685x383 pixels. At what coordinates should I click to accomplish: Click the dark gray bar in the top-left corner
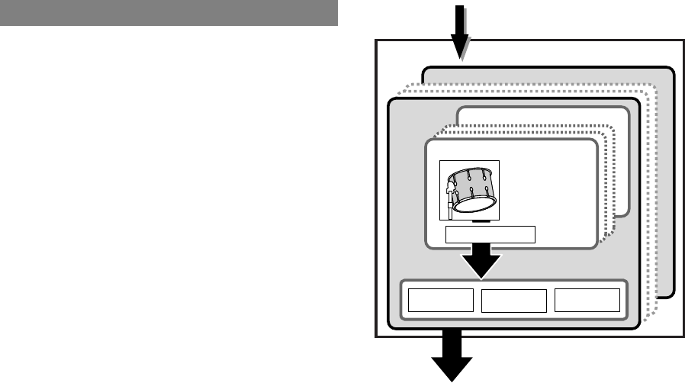click(169, 13)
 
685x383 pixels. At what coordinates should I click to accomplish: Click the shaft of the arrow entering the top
click(460, 18)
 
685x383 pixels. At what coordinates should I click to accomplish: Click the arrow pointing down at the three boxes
click(480, 263)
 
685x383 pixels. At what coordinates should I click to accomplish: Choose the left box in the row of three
click(440, 301)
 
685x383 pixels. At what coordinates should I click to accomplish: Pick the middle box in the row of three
click(514, 301)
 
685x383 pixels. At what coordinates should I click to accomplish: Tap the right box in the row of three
click(587, 301)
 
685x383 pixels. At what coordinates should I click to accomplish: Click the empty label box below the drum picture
click(490, 233)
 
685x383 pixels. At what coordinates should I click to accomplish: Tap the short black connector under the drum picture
click(479, 221)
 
